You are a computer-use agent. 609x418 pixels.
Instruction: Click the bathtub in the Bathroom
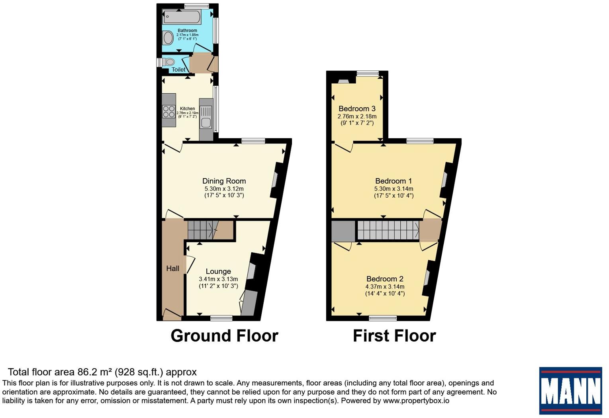pyautogui.click(x=182, y=17)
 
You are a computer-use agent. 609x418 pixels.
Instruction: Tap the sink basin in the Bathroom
pyautogui.click(x=168, y=38)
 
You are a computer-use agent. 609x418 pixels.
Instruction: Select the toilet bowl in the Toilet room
pyautogui.click(x=168, y=62)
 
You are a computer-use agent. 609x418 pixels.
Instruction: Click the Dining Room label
pyautogui.click(x=224, y=181)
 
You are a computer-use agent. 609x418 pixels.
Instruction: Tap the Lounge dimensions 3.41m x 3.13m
pyautogui.click(x=218, y=279)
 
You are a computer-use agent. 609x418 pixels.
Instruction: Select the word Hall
pyautogui.click(x=172, y=269)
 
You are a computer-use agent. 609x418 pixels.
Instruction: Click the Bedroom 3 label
pyautogui.click(x=357, y=108)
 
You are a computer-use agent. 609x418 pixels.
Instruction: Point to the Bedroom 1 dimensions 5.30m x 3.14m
pyautogui.click(x=394, y=188)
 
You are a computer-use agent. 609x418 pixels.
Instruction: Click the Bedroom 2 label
pyautogui.click(x=385, y=279)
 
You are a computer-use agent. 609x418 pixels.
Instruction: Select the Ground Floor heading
pyautogui.click(x=224, y=336)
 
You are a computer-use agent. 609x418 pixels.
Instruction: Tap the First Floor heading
pyautogui.click(x=394, y=336)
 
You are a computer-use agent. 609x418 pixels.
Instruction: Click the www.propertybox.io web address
pyautogui.click(x=416, y=400)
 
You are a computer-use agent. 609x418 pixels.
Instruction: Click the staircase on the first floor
pyautogui.click(x=388, y=230)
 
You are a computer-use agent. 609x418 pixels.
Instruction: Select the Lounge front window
pyautogui.click(x=221, y=318)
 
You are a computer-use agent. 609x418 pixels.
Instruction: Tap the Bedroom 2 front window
pyautogui.click(x=383, y=318)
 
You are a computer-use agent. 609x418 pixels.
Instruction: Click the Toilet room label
pyautogui.click(x=178, y=70)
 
